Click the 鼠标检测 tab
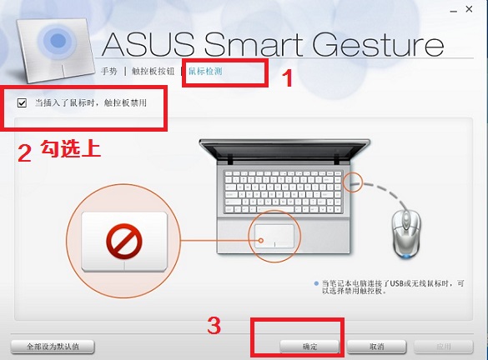coord(205,72)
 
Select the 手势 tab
coord(109,72)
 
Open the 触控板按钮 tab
coord(153,72)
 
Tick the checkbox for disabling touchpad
coord(22,102)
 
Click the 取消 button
coord(376,347)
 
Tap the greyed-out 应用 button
coord(444,347)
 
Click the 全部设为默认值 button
coord(53,347)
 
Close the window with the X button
coord(469,9)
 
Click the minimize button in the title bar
coord(454,12)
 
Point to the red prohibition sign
coord(124,242)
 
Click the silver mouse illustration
coord(406,233)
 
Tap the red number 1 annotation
coord(287,78)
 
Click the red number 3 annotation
coord(214,326)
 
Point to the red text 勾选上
coord(71,148)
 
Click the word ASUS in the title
coord(148,44)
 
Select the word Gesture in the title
coord(378,44)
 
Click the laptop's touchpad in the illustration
coord(274,236)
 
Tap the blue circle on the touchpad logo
coord(58,41)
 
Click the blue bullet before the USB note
coord(316,283)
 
